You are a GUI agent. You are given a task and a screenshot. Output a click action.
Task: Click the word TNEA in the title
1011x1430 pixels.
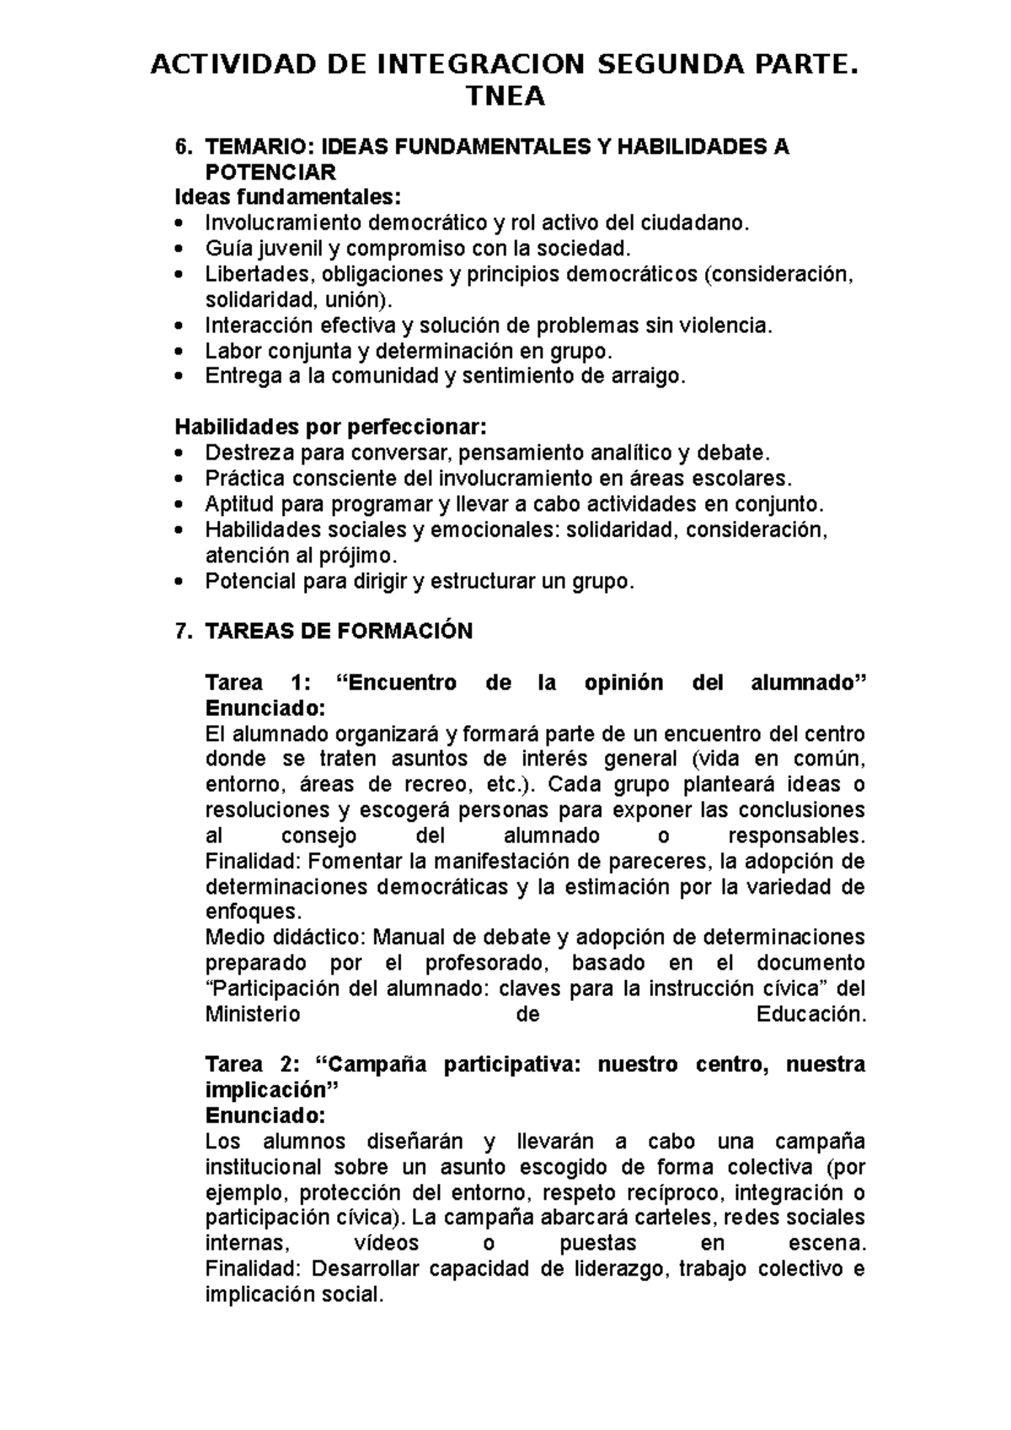click(x=505, y=98)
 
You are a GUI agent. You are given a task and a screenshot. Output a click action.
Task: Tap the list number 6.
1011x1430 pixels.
click(x=179, y=147)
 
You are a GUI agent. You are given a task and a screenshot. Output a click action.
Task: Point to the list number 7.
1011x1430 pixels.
click(x=179, y=631)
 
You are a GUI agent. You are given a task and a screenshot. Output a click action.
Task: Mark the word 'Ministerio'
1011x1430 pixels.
click(x=253, y=1014)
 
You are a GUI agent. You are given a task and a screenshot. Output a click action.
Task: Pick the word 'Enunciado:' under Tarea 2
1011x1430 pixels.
click(x=265, y=1116)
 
